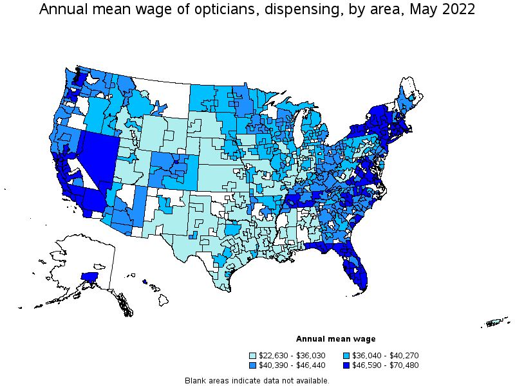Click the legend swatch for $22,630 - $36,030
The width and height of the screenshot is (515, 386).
point(252,356)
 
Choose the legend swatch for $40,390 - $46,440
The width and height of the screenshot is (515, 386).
point(252,365)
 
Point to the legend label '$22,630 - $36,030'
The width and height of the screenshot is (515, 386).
point(290,356)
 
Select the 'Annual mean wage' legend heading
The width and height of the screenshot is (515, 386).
point(335,339)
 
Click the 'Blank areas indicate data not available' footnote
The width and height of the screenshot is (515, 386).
point(257,380)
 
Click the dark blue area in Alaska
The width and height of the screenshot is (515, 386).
point(89,277)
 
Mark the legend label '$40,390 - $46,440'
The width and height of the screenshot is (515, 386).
point(290,365)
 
